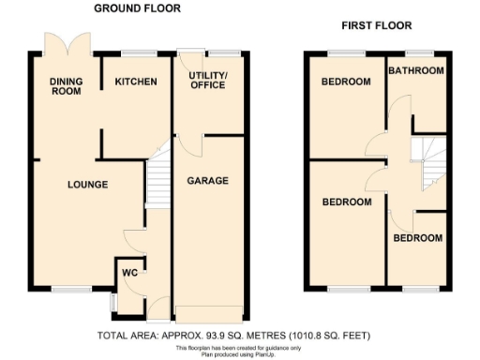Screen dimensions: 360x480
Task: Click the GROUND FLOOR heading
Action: [x=138, y=8]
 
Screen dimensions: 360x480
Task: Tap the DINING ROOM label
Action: [x=67, y=87]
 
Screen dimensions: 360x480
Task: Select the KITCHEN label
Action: [x=136, y=82]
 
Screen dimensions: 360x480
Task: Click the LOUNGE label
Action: [x=88, y=185]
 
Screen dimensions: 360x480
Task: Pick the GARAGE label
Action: [x=207, y=180]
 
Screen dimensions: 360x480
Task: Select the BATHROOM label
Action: [x=415, y=70]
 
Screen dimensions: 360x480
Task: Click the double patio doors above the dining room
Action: [x=67, y=44]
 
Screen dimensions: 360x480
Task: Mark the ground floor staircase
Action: [x=157, y=178]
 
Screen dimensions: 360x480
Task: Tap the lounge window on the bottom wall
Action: [x=70, y=289]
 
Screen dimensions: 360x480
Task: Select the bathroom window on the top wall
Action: [x=418, y=52]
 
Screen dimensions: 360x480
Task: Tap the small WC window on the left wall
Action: [x=112, y=301]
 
